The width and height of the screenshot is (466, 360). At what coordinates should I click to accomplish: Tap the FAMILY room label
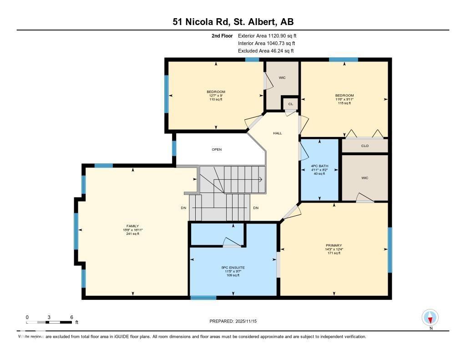(132, 226)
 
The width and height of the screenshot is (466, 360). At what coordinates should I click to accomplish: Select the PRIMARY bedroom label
(334, 245)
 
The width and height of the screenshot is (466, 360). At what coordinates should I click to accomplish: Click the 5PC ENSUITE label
(233, 268)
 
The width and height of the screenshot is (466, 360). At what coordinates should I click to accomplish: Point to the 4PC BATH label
(319, 166)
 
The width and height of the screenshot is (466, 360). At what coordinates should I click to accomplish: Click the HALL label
(278, 133)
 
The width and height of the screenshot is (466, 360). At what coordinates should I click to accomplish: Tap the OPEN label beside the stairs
(217, 149)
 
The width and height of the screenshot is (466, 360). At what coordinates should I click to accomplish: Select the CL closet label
(290, 104)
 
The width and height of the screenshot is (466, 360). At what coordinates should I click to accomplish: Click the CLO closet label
(365, 146)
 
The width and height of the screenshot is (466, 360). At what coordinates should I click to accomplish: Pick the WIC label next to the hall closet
(282, 78)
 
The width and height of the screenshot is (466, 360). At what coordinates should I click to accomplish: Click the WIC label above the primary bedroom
(365, 178)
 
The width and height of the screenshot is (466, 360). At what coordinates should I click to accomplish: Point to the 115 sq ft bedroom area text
(344, 103)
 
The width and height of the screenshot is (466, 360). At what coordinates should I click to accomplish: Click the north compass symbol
(430, 317)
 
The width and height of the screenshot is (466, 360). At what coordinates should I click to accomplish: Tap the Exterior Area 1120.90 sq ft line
(267, 35)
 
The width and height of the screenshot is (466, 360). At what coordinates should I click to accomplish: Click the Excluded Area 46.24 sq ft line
(266, 51)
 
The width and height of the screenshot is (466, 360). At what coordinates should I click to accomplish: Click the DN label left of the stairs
(183, 208)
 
